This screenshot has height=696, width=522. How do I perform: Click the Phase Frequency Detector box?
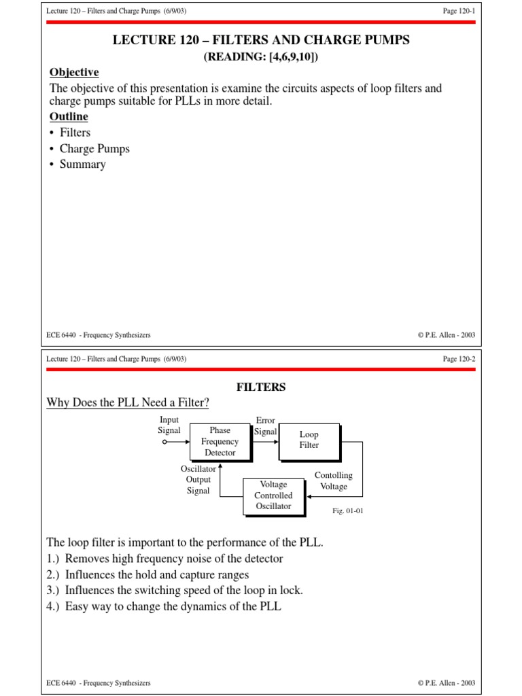(220, 441)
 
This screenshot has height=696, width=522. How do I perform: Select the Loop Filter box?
(309, 440)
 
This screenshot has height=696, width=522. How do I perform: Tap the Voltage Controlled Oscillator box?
(273, 495)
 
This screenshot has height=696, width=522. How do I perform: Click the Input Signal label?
(169, 425)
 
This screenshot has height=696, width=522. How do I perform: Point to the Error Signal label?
(265, 425)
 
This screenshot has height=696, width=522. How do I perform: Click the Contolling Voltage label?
(333, 481)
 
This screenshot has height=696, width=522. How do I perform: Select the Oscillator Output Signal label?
(198, 480)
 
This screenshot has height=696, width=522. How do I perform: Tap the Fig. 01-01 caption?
(347, 510)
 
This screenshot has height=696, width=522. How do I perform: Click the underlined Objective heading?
(74, 73)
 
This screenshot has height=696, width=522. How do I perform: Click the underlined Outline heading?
(69, 117)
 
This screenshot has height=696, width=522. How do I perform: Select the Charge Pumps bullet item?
(94, 148)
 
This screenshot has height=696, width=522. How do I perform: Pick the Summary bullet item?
(82, 164)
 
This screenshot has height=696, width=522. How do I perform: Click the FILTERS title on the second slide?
(261, 387)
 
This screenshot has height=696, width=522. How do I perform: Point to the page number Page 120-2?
(459, 359)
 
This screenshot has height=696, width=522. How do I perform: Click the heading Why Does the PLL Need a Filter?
(127, 404)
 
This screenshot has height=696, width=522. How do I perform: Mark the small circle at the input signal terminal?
(164, 441)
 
